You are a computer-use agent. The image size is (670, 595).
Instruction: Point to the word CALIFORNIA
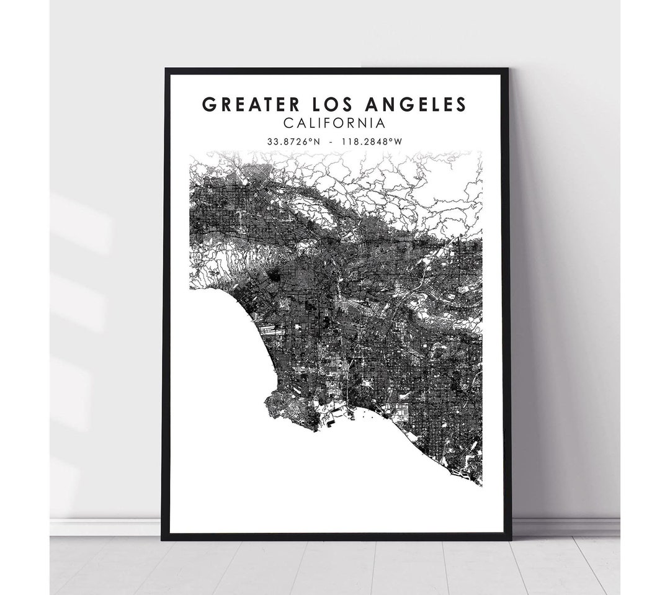tap(335, 123)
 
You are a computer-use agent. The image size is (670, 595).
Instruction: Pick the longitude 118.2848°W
tap(373, 141)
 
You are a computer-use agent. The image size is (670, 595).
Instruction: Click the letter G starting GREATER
tap(210, 104)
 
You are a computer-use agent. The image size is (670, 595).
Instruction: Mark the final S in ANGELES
tap(460, 104)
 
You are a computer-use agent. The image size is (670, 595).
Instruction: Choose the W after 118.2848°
tap(399, 141)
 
